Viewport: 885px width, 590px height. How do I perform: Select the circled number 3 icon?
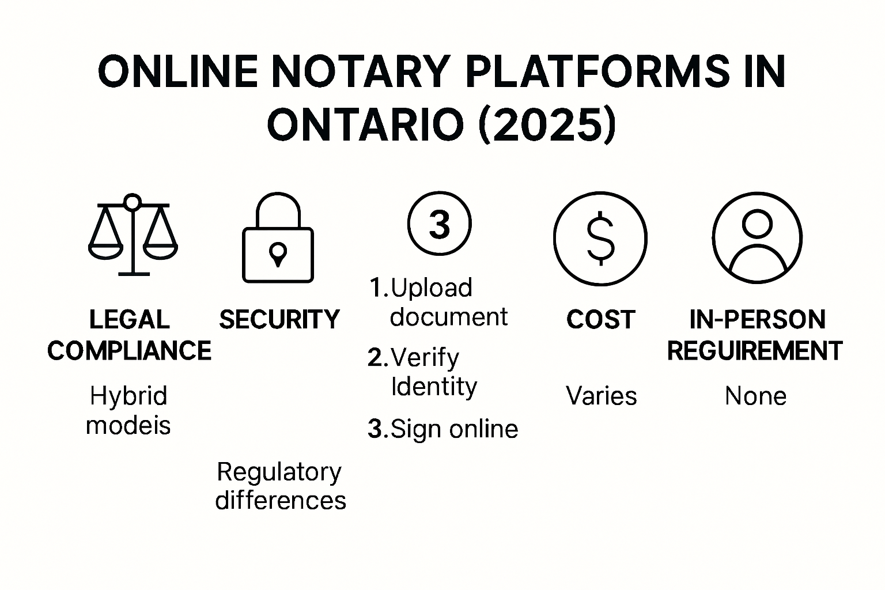pyautogui.click(x=440, y=224)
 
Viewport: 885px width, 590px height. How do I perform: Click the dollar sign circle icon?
pyautogui.click(x=600, y=238)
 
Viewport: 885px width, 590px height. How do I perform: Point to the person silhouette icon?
pyautogui.click(x=757, y=238)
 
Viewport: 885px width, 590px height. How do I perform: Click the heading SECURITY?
pyautogui.click(x=279, y=319)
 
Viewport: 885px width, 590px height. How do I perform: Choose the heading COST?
pyautogui.click(x=600, y=319)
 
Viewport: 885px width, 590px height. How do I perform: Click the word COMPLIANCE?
pyautogui.click(x=129, y=351)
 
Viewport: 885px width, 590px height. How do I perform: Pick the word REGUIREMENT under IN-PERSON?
pyautogui.click(x=755, y=351)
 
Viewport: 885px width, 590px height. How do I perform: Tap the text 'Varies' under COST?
pyautogui.click(x=601, y=396)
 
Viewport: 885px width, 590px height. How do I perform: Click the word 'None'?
pyautogui.click(x=755, y=396)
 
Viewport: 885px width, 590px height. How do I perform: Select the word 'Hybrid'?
pyautogui.click(x=128, y=396)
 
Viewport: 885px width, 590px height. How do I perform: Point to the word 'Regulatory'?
pyautogui.click(x=279, y=472)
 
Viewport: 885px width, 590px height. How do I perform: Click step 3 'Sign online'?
pyautogui.click(x=443, y=429)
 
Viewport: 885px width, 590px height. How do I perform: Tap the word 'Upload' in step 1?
pyautogui.click(x=432, y=288)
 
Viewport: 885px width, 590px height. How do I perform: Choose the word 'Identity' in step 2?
pyautogui.click(x=434, y=386)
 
